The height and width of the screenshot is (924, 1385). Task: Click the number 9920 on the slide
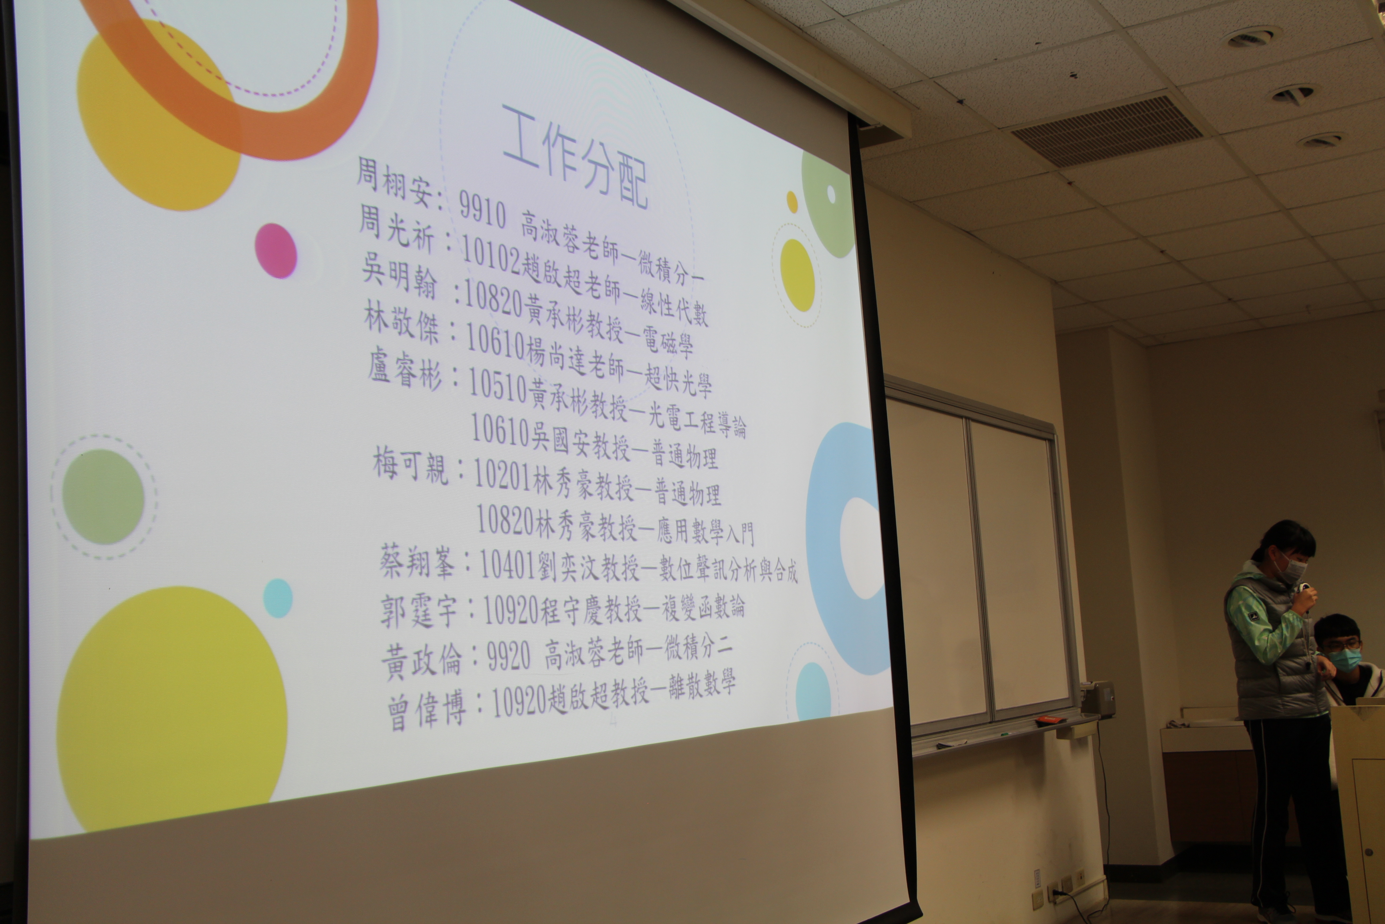[x=509, y=657]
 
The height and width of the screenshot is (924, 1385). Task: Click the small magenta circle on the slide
[x=276, y=250]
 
